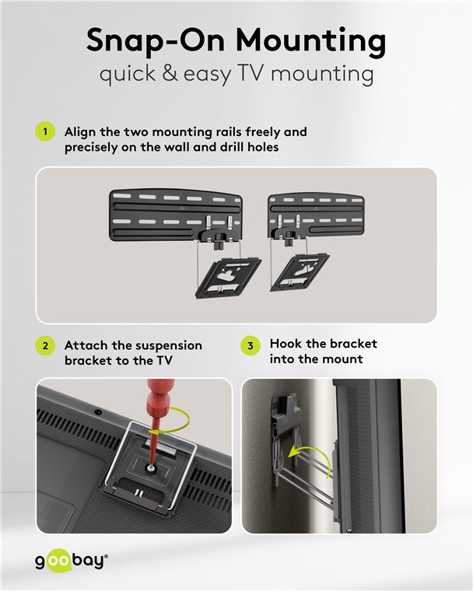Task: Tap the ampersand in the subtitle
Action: (170, 73)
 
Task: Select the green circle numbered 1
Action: (45, 131)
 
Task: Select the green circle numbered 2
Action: (45, 345)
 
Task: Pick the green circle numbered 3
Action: (251, 345)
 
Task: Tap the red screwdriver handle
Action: (159, 400)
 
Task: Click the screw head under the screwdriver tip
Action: (151, 468)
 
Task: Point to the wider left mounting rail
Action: (176, 215)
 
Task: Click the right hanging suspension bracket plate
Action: (300, 273)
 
